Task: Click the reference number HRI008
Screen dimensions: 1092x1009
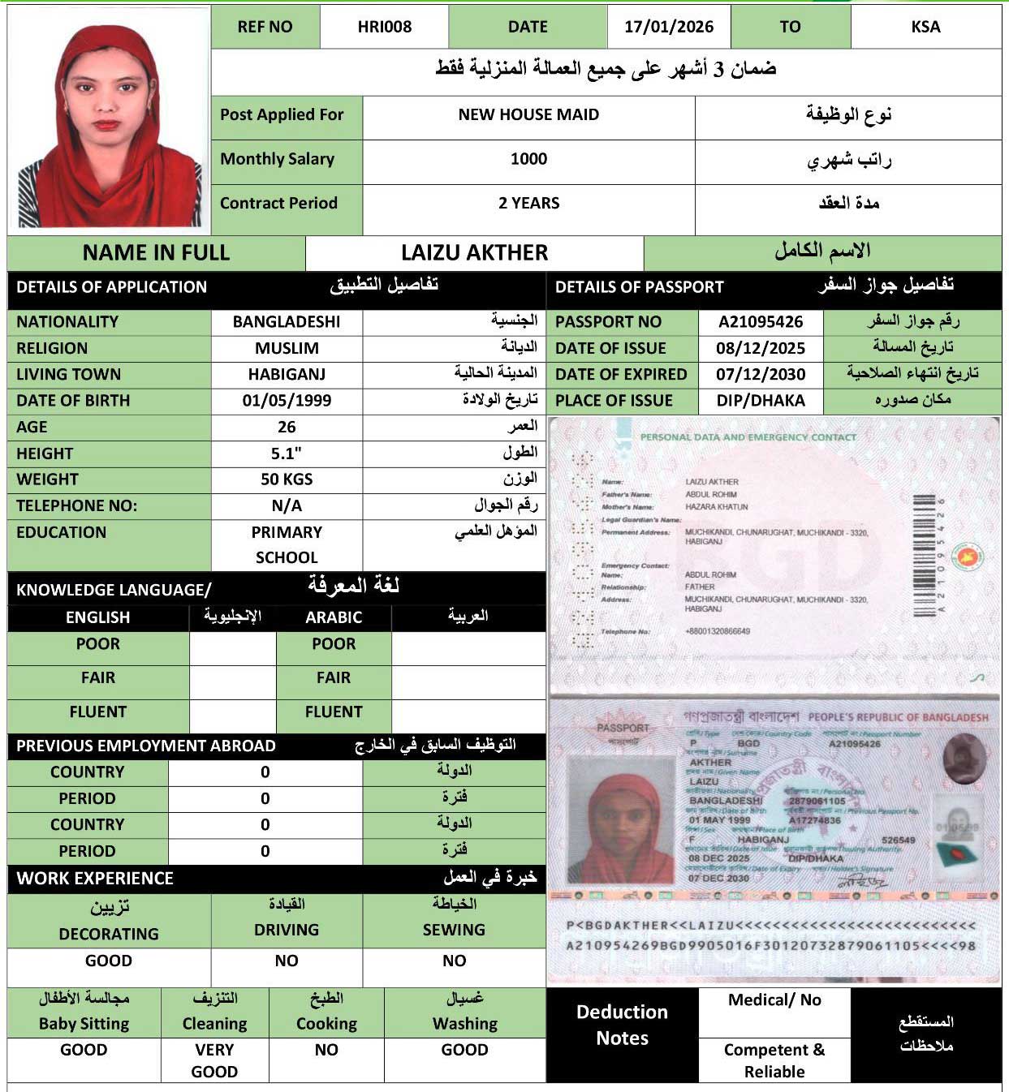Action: (x=384, y=27)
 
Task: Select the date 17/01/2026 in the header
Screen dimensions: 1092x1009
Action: (x=669, y=27)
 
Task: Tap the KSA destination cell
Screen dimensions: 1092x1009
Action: (x=925, y=27)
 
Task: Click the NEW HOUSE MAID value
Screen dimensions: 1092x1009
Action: (x=528, y=114)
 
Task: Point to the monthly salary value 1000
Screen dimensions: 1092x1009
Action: (x=528, y=159)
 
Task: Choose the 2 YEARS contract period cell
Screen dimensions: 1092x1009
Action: (x=528, y=203)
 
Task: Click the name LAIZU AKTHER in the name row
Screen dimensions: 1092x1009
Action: (x=474, y=252)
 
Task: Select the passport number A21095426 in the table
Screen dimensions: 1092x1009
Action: (x=761, y=322)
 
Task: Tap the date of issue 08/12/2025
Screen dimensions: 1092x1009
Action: (x=761, y=348)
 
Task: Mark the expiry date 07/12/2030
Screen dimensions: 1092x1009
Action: (x=761, y=374)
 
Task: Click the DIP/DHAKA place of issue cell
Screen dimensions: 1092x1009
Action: (x=761, y=400)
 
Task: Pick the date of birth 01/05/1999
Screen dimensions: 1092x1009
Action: (x=287, y=400)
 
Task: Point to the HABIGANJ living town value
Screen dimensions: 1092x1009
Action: (x=287, y=374)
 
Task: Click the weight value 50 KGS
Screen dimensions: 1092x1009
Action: (x=287, y=479)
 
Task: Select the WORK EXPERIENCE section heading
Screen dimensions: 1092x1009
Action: (x=95, y=878)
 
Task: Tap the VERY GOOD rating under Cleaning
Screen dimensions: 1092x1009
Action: (x=214, y=1060)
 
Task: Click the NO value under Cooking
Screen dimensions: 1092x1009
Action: (x=326, y=1050)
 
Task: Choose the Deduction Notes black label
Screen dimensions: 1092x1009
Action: (x=622, y=1025)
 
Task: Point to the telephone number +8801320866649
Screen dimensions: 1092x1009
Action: (x=717, y=631)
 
